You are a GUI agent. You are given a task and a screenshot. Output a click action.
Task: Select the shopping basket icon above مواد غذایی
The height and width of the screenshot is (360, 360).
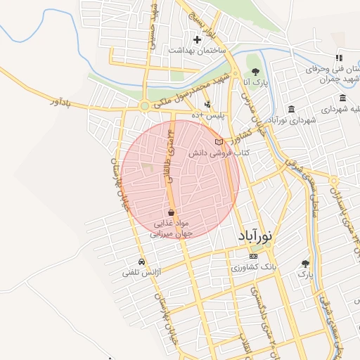172,212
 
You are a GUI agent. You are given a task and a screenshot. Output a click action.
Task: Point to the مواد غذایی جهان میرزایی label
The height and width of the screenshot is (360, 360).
172,229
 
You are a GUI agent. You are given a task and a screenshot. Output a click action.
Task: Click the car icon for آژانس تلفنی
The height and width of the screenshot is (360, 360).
141,262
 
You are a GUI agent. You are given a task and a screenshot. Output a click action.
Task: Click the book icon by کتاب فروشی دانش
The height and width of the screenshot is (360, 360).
218,142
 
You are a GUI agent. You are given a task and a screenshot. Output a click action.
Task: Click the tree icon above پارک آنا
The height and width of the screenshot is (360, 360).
255,72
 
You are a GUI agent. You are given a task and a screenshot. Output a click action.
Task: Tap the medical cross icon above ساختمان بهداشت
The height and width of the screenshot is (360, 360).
197,39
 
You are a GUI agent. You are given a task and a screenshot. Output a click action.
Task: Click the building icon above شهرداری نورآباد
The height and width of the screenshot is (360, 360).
291,109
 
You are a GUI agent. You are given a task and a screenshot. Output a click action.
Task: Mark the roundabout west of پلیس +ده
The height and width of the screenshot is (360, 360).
145,106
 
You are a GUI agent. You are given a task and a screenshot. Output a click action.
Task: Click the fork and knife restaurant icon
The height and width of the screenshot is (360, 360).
338,58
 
